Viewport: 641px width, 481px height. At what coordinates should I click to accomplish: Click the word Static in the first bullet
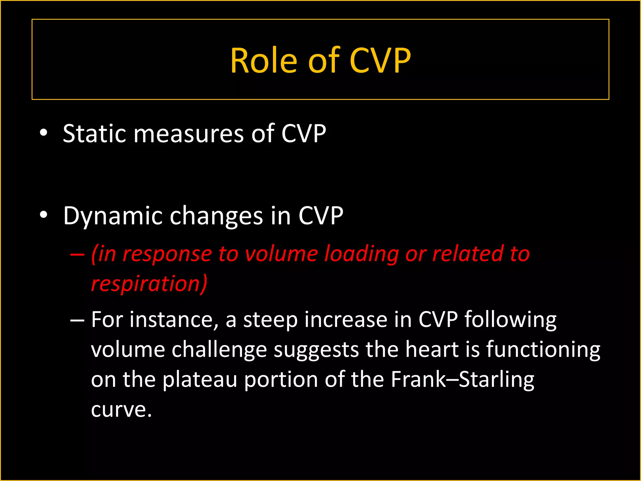click(94, 134)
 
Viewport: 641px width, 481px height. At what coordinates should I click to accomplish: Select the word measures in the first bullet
click(189, 134)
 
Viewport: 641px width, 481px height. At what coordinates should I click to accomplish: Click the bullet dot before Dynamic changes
click(44, 215)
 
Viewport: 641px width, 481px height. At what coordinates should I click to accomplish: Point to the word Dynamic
click(112, 216)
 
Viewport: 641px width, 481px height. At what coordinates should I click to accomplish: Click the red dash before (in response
click(77, 254)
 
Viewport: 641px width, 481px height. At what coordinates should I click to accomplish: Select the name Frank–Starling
click(462, 379)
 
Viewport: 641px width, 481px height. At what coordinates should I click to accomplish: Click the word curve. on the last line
click(121, 410)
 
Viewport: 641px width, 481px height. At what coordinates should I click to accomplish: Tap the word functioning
click(543, 350)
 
